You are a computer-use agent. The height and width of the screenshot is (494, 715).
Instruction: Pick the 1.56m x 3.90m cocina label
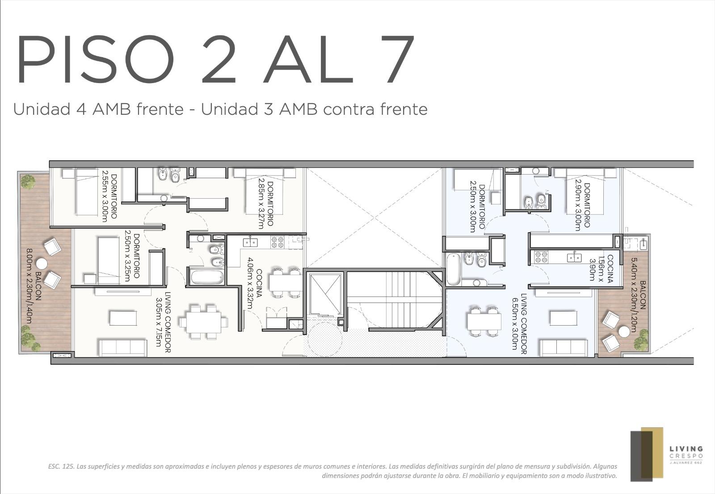tap(601, 269)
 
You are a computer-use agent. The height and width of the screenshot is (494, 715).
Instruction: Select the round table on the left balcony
tap(41, 264)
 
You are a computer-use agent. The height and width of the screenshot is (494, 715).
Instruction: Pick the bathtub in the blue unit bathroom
tap(453, 269)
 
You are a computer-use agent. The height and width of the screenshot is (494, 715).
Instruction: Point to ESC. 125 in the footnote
tap(61, 466)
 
